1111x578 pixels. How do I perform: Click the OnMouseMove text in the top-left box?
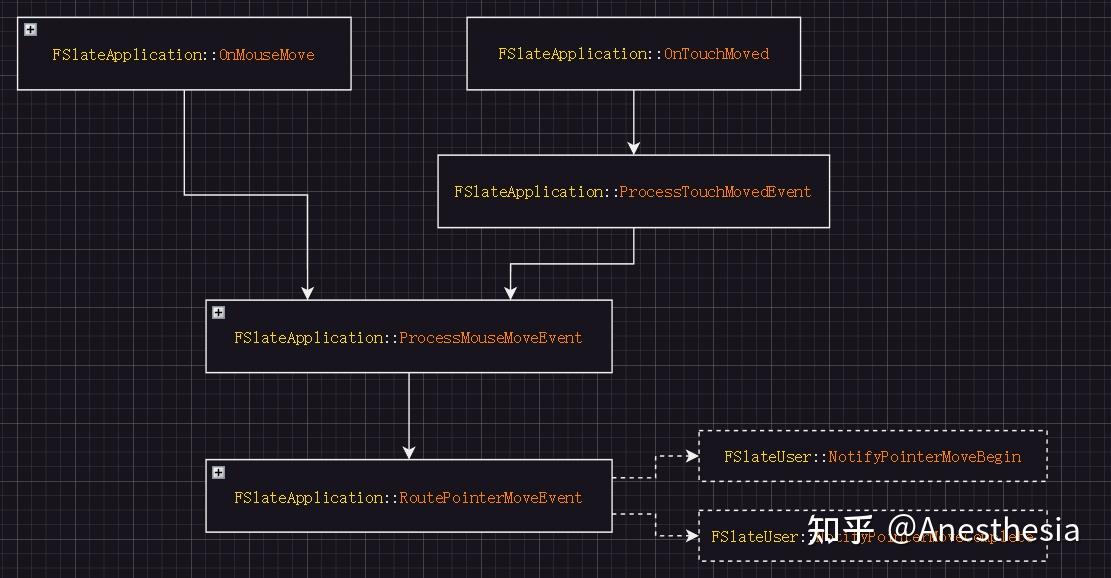[x=266, y=55]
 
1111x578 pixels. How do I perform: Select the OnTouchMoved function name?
[x=717, y=54]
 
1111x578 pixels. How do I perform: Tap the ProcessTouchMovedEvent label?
[x=715, y=192]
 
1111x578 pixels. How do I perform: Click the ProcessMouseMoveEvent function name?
[x=490, y=338]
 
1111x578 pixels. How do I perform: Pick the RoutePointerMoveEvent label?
[x=490, y=498]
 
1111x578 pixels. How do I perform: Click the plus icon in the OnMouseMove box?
[x=31, y=30]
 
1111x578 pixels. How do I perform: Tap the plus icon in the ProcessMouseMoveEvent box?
[x=218, y=313]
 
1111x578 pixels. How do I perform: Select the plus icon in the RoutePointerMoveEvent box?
[x=218, y=473]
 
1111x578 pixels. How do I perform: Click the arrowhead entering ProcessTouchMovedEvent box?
[x=633, y=148]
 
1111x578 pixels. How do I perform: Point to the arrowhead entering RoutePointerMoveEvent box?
[x=408, y=453]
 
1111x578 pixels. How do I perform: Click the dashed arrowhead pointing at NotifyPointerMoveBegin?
[x=692, y=456]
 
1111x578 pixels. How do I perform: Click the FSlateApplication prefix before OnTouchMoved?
[x=573, y=54]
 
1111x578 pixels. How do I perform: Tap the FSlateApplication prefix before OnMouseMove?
[x=127, y=55]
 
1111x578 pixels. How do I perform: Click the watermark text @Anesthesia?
[x=984, y=529]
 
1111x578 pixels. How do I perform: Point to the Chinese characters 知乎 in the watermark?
[x=841, y=529]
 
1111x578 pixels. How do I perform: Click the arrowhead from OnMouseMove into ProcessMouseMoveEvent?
[x=307, y=293]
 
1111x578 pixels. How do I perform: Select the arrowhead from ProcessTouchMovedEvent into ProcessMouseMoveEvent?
[x=510, y=293]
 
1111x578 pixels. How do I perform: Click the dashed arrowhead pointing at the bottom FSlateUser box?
[x=692, y=536]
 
